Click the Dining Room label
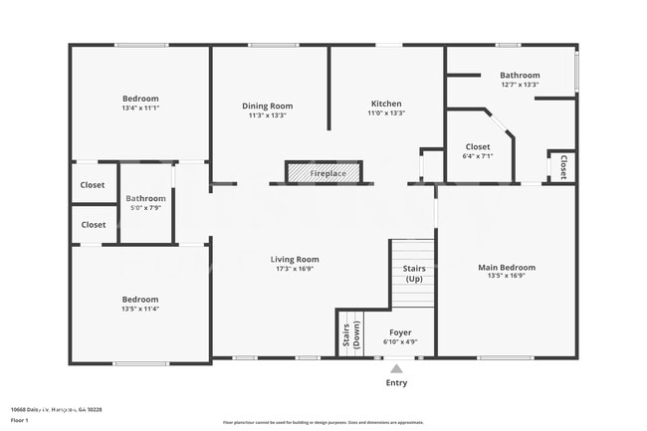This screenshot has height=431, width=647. (x=268, y=106)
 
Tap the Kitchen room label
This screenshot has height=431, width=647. (x=386, y=104)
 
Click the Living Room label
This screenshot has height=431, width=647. (x=295, y=259)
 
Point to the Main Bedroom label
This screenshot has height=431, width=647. (x=507, y=267)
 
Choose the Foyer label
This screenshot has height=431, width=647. (x=400, y=332)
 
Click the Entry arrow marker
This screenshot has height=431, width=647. (x=396, y=367)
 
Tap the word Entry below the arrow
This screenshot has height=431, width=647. (x=396, y=382)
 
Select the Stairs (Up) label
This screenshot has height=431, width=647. (x=414, y=274)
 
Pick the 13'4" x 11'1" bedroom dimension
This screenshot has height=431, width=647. (x=140, y=108)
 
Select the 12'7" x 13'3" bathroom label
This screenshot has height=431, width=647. (x=520, y=85)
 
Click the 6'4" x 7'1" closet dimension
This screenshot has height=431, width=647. (x=478, y=156)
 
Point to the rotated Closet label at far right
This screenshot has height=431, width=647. (x=563, y=166)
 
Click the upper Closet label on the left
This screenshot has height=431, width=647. (x=93, y=185)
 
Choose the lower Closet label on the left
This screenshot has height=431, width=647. (x=93, y=225)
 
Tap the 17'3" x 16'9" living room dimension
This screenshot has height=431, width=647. (x=295, y=269)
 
